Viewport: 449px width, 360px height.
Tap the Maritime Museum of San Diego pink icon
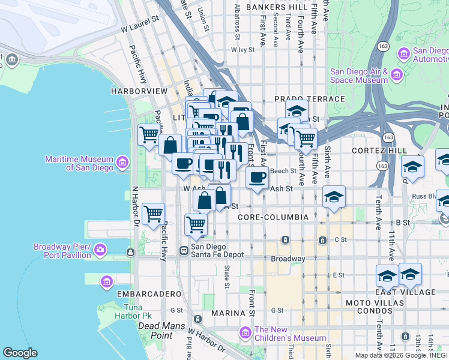[x=122, y=163]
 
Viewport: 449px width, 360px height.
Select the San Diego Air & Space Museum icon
[x=396, y=75]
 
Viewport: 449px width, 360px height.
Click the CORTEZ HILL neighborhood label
[x=380, y=151]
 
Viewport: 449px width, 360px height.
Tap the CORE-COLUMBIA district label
[x=273, y=217]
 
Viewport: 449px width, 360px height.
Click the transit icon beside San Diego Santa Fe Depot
[x=185, y=250]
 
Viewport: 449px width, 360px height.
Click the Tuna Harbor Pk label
[x=133, y=312]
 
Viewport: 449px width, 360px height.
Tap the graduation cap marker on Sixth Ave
[x=334, y=197]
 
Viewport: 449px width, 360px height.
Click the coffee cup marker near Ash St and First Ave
[x=258, y=178]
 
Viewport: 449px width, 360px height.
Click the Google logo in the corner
[x=20, y=353]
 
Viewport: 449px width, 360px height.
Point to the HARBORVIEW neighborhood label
[x=139, y=91]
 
